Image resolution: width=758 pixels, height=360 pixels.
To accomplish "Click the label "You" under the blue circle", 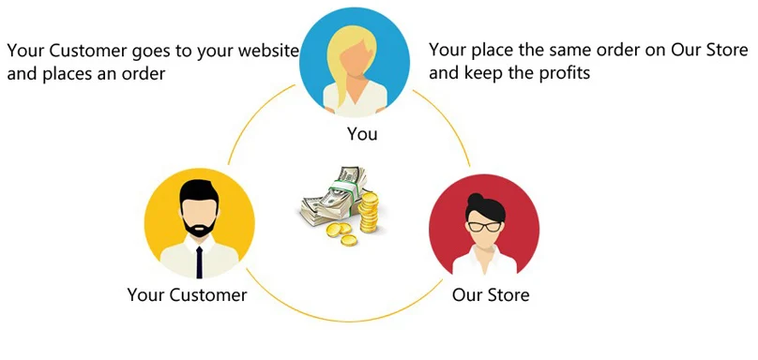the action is click(x=362, y=134).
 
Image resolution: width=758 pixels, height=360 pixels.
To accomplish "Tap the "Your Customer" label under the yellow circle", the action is click(x=187, y=294).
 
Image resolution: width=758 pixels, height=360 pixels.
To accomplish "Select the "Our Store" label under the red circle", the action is click(x=491, y=294).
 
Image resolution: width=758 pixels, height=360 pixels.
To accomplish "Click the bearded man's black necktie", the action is click(x=199, y=262).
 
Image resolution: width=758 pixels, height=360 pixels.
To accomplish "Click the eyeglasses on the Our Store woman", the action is click(x=484, y=226).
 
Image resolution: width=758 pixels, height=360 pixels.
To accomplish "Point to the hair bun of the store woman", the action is click(x=476, y=198).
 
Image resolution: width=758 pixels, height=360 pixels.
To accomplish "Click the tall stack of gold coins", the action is click(x=370, y=212).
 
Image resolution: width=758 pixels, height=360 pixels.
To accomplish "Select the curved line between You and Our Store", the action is click(x=447, y=122).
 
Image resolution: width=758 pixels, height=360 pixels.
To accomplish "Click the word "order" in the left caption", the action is click(x=143, y=74).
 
